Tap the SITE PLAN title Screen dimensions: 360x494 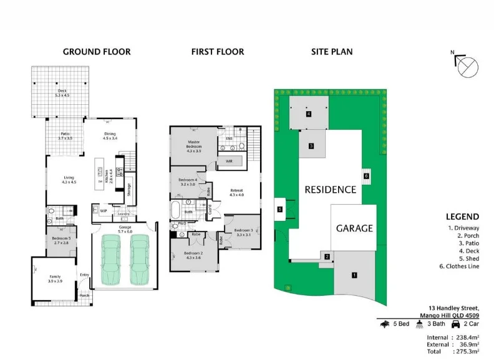pyautogui.click(x=331, y=52)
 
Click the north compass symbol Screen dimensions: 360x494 pyautogui.click(x=467, y=67)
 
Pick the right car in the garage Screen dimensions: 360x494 pyautogui.click(x=139, y=258)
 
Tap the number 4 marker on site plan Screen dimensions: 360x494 pyautogui.click(x=308, y=114)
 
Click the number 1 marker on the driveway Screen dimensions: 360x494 pyautogui.click(x=354, y=275)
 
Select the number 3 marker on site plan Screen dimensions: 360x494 pyautogui.click(x=311, y=146)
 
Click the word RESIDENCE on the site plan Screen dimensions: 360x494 pyautogui.click(x=330, y=190)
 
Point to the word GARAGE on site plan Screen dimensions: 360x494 pyautogui.click(x=354, y=228)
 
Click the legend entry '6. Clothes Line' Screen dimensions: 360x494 pyautogui.click(x=462, y=267)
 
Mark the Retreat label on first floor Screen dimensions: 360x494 pyautogui.click(x=236, y=193)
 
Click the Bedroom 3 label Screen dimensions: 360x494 pyautogui.click(x=243, y=233)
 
